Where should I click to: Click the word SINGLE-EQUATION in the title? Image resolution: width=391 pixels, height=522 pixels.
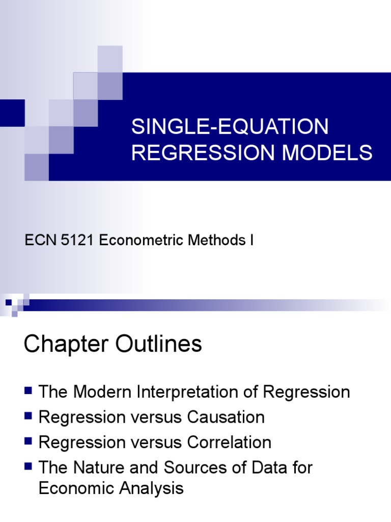click(230, 127)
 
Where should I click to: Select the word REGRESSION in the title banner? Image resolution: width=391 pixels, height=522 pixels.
click(196, 153)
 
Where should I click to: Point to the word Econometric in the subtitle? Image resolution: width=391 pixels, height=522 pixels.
click(145, 240)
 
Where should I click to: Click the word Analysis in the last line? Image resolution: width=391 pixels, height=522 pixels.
click(153, 489)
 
